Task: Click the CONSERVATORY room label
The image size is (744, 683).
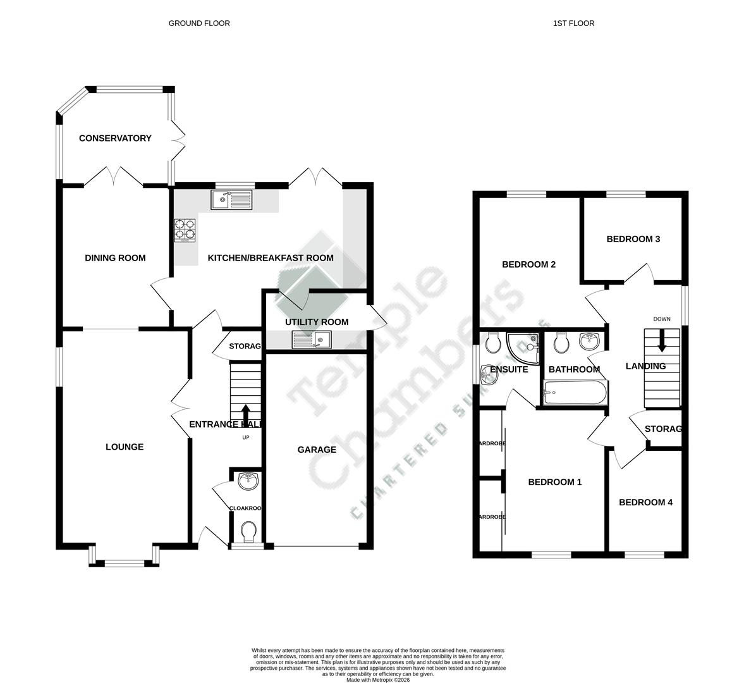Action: pos(115,138)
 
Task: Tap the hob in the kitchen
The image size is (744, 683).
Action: pos(185,230)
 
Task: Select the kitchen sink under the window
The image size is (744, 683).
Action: pos(231,200)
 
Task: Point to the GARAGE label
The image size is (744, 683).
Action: pos(317,450)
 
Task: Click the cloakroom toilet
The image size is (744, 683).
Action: pos(248,531)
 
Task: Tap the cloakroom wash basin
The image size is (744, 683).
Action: pos(248,481)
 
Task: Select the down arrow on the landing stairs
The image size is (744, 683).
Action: pos(662,341)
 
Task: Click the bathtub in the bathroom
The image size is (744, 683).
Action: pos(575,394)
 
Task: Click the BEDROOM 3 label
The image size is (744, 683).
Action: pos(633,239)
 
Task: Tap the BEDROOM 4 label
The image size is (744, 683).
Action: pos(645,502)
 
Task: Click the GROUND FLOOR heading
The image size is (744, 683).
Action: pos(199,23)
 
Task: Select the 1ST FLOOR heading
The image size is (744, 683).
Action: pos(573,23)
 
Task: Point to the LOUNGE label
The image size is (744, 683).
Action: pos(125,446)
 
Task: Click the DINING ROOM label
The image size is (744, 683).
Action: pos(115,257)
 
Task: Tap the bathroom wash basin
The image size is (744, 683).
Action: pos(589,342)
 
